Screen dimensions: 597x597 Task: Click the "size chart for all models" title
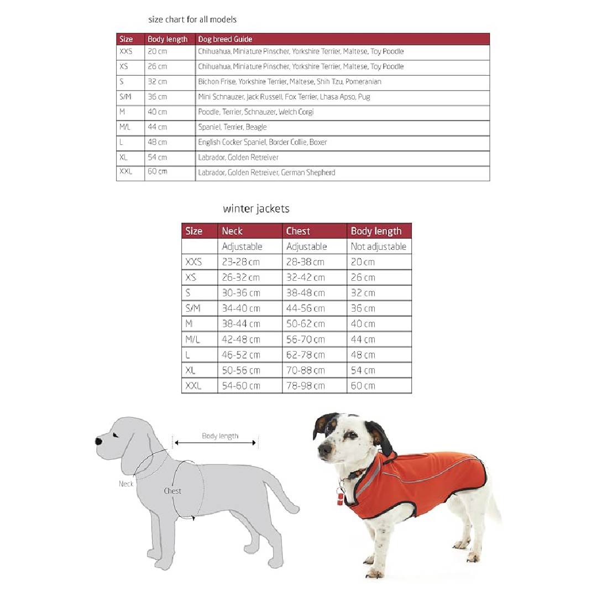(x=192, y=19)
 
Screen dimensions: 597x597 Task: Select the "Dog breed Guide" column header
(x=225, y=39)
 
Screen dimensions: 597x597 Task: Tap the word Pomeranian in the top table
(x=363, y=82)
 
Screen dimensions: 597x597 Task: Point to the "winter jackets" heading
(x=256, y=208)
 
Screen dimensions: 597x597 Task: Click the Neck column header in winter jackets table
(x=232, y=231)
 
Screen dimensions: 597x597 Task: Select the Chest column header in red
(x=298, y=231)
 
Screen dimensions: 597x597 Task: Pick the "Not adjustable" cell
(x=378, y=247)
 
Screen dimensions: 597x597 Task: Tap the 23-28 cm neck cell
(x=240, y=262)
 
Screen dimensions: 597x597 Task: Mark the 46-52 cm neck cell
(x=240, y=355)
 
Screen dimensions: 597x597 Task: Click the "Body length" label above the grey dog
(x=220, y=436)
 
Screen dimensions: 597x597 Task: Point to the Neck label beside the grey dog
(x=126, y=484)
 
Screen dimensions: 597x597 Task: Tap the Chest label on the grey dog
(x=172, y=491)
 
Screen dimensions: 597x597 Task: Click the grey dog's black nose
(x=99, y=442)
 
